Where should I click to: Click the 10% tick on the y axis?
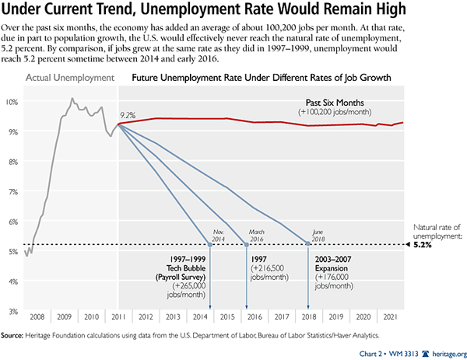tap(12, 102)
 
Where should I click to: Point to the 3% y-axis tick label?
tap(12, 311)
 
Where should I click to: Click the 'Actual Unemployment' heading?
tap(70, 79)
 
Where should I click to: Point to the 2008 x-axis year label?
tap(37, 319)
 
